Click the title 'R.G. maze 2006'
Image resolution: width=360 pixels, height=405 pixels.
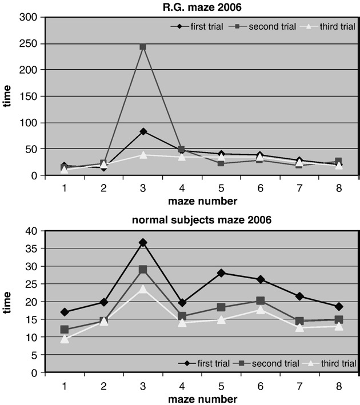tap(201, 6)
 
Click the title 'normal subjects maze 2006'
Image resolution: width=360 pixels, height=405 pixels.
tap(201, 220)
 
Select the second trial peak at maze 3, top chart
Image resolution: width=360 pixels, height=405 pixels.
tap(142, 46)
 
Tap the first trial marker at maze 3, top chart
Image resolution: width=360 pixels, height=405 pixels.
tap(142, 131)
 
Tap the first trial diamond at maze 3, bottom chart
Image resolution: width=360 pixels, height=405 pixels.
tap(142, 243)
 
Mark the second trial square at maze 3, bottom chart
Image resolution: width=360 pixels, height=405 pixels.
tap(142, 269)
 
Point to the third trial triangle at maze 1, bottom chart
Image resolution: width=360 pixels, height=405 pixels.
tap(65, 339)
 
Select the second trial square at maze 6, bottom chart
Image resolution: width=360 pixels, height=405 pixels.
tap(260, 301)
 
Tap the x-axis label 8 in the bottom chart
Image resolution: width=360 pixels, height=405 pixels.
tap(338, 386)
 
